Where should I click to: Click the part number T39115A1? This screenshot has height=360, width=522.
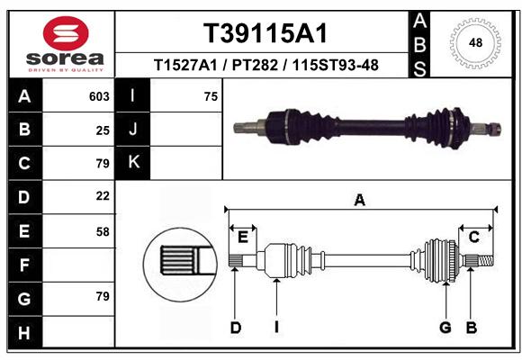tap(265, 33)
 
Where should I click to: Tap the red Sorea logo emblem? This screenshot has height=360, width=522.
tap(66, 33)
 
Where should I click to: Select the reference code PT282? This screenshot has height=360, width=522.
tap(255, 66)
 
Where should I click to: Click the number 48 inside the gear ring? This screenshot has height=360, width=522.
tap(475, 42)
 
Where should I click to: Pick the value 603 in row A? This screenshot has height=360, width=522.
tap(99, 96)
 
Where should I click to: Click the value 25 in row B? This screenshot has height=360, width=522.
tap(103, 130)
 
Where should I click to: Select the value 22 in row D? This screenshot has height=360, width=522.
tap(103, 196)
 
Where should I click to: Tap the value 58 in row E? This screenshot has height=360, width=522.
tap(103, 232)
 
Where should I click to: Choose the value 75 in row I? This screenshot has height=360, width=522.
tap(211, 96)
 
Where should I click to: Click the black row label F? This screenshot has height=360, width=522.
tap(25, 265)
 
